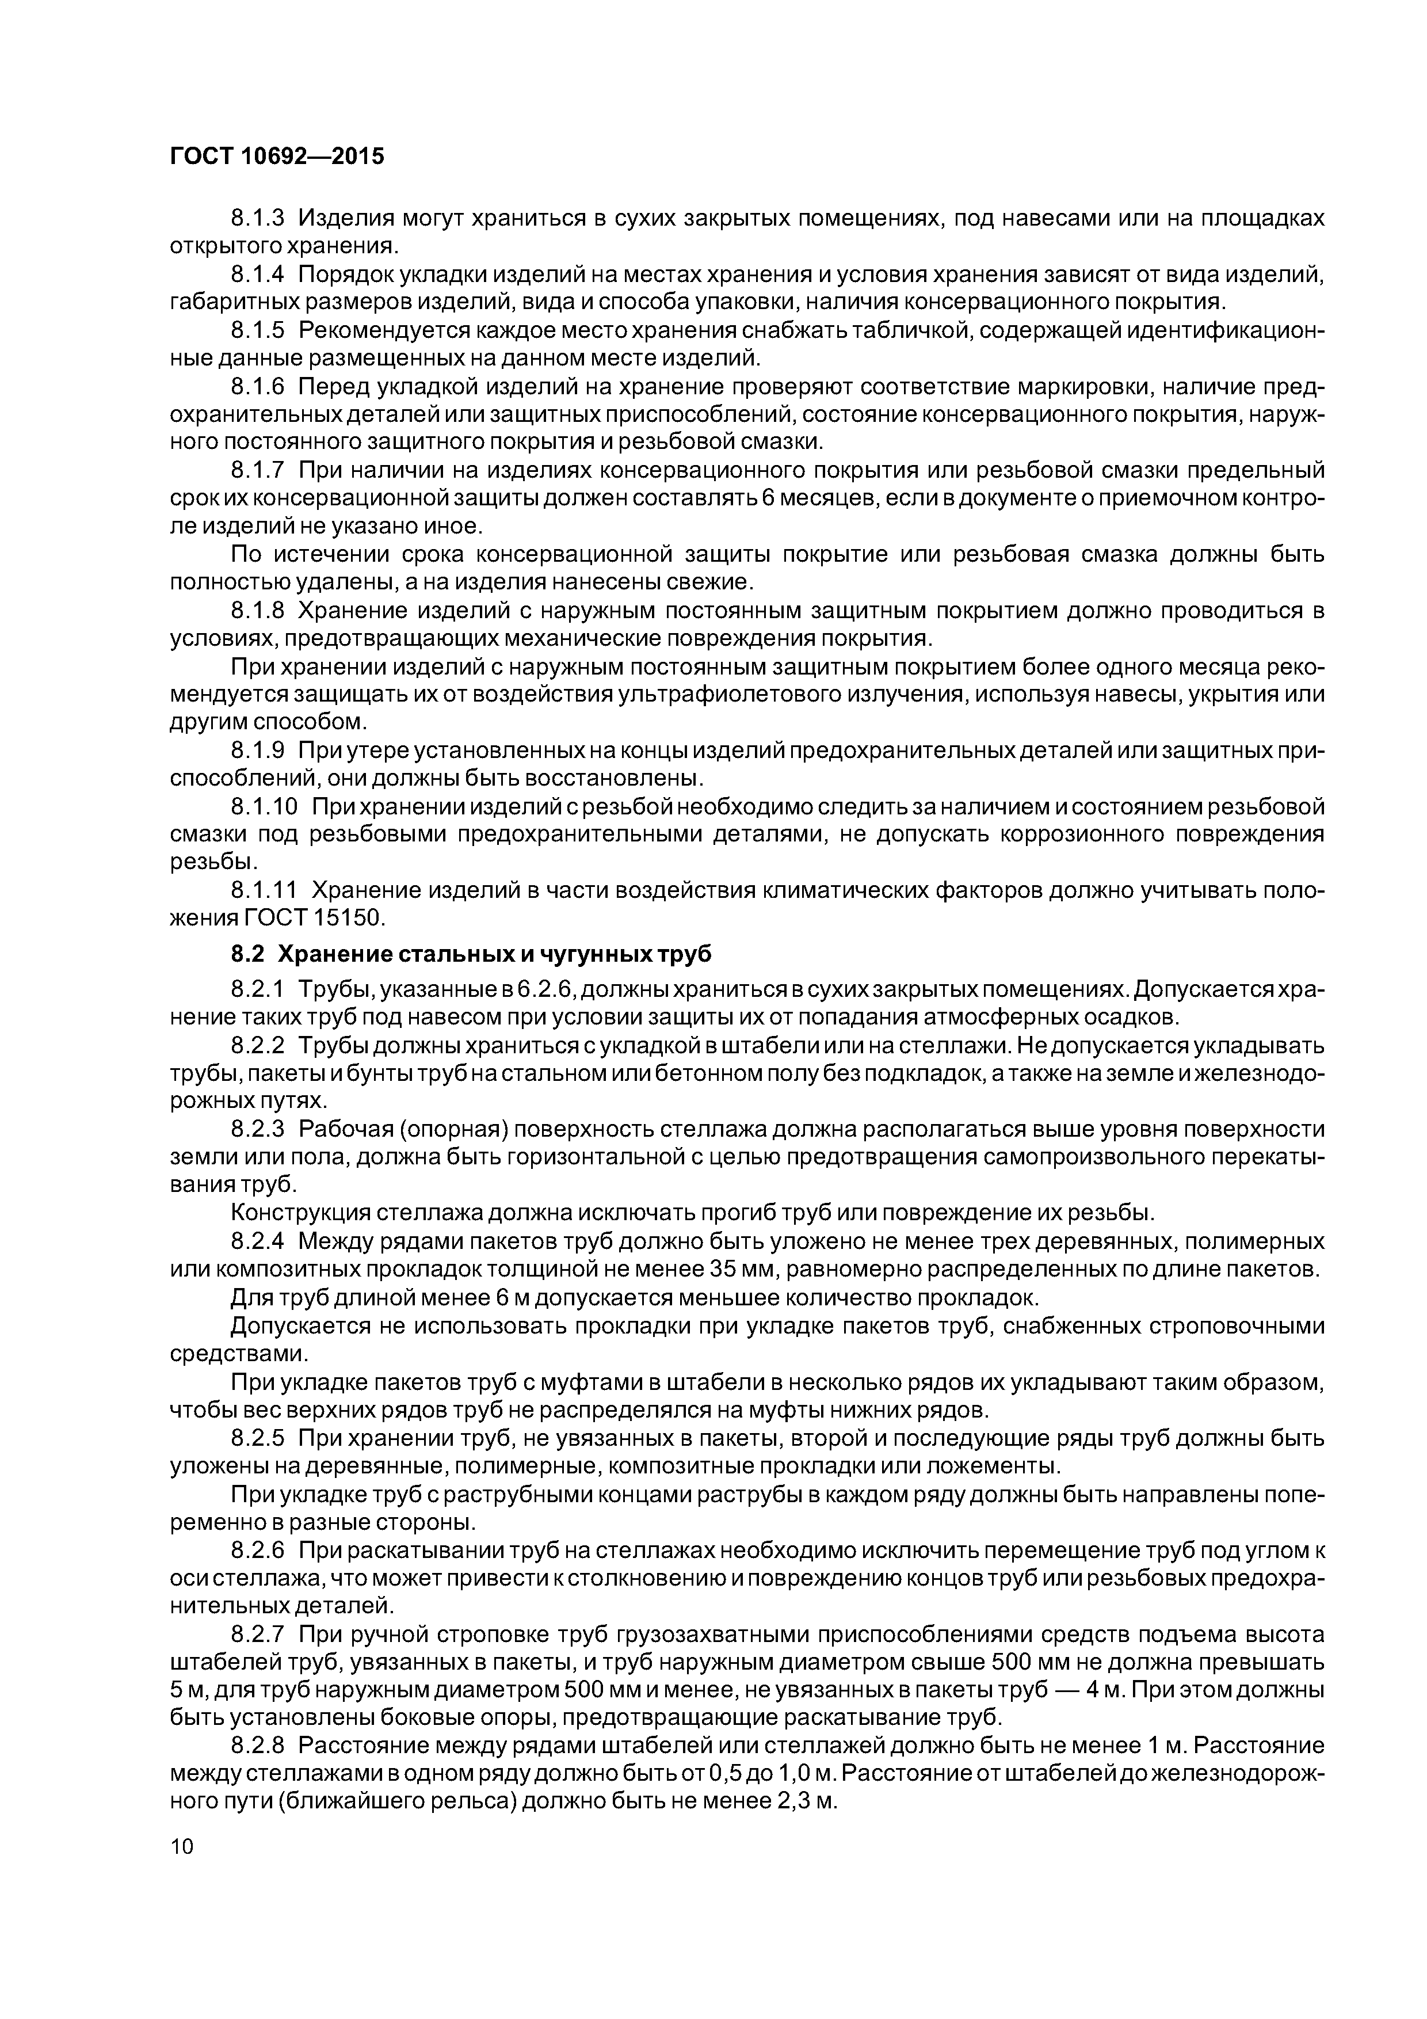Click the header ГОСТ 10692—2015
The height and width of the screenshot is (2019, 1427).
[x=277, y=157]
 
